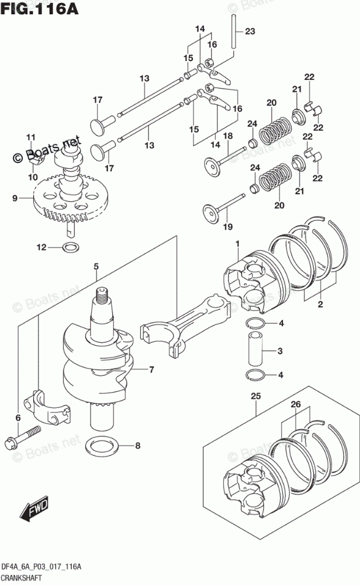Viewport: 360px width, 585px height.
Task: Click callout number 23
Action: pyautogui.click(x=250, y=31)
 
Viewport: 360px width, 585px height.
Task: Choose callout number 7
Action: pyautogui.click(x=152, y=370)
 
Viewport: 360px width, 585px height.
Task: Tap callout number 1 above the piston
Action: pyautogui.click(x=237, y=243)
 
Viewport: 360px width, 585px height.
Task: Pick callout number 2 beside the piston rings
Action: pyautogui.click(x=320, y=304)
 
